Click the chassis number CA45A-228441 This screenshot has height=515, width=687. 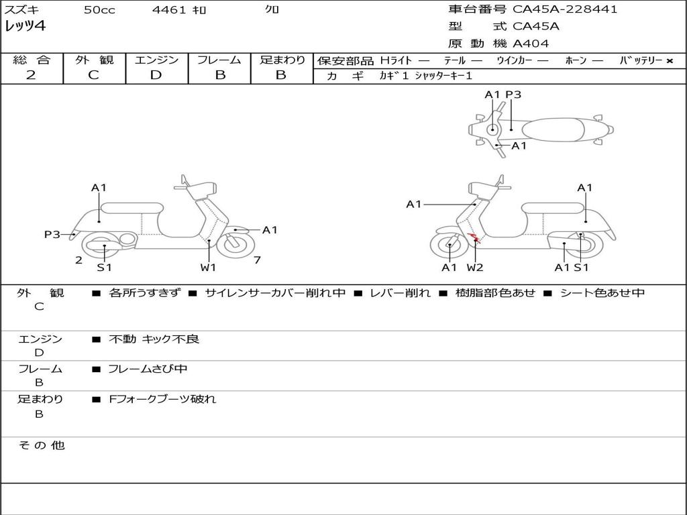click(x=565, y=9)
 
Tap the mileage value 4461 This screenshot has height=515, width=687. click(x=170, y=10)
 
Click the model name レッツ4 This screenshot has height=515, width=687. click(x=25, y=27)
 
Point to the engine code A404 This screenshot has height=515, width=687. click(x=531, y=44)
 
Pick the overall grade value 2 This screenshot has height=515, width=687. click(x=31, y=75)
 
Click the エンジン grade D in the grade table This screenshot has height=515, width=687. click(x=156, y=75)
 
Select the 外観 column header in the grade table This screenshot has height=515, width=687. click(x=94, y=60)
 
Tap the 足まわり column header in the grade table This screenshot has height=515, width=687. click(x=282, y=60)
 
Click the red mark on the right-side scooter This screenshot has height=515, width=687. click(x=473, y=237)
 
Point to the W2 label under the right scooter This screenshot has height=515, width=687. click(x=475, y=268)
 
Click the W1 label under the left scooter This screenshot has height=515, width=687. click(x=208, y=268)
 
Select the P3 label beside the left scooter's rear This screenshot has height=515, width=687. click(x=52, y=235)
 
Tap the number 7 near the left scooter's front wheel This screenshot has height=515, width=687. click(x=257, y=260)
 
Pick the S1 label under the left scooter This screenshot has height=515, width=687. click(x=104, y=268)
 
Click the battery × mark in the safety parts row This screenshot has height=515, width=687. click(x=670, y=61)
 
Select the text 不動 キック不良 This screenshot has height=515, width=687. click(x=154, y=339)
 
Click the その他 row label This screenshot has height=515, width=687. click(x=41, y=445)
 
